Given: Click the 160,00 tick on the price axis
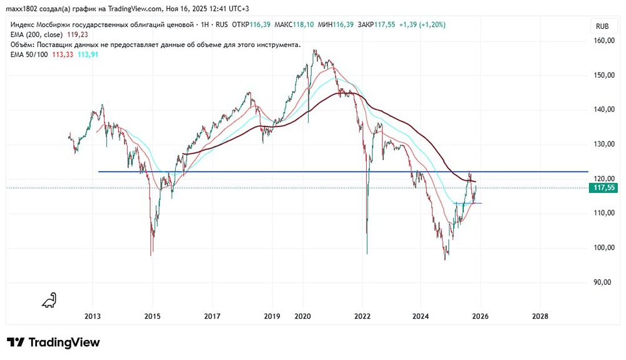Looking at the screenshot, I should click(603, 41).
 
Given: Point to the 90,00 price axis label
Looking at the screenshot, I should click(603, 282).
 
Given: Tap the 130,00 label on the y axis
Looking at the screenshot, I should click(603, 145).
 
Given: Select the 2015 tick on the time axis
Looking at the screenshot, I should click(153, 316).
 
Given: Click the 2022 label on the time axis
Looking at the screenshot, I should click(363, 316).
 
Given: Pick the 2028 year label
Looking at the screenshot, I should click(539, 316).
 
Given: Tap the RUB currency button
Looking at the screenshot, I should click(603, 26).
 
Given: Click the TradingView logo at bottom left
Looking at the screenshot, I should click(53, 342).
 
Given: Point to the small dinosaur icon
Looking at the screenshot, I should click(49, 301).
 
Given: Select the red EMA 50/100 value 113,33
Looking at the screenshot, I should click(63, 54).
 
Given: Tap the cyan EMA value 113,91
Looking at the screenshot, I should click(88, 54).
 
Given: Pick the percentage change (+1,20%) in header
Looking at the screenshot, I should click(429, 24).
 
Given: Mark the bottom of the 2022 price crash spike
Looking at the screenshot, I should click(367, 253).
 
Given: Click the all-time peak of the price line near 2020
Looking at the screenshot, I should click(314, 50).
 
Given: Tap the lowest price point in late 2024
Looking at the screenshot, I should click(445, 259).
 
